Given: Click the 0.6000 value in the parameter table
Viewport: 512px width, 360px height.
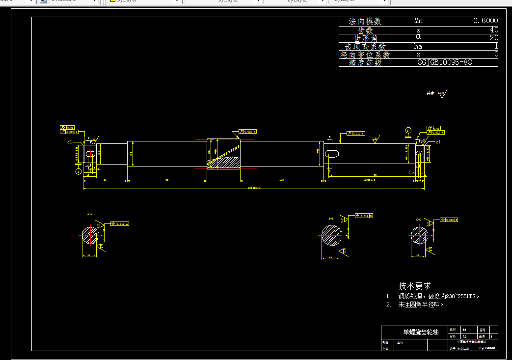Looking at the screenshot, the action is coord(485,21).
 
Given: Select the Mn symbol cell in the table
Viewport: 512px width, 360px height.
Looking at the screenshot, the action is coord(418,21).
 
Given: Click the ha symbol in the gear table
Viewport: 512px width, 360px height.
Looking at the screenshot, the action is coord(418,46).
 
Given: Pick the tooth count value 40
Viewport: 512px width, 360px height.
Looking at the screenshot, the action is coord(494,29).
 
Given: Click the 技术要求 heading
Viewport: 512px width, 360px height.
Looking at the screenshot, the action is coord(415,286).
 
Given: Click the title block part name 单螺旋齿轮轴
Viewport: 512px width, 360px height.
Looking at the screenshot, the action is coord(414,332).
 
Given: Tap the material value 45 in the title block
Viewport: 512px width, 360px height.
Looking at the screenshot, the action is coord(464,337).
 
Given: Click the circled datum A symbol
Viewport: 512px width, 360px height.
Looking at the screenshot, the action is coord(78,171).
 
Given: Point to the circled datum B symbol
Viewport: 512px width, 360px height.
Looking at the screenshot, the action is coord(407,130).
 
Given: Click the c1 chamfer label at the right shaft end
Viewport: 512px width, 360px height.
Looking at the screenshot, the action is coord(438,142).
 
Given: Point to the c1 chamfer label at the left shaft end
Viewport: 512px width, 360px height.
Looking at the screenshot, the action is coord(70,142).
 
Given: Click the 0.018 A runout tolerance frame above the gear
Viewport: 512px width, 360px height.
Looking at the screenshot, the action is coord(248,132).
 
